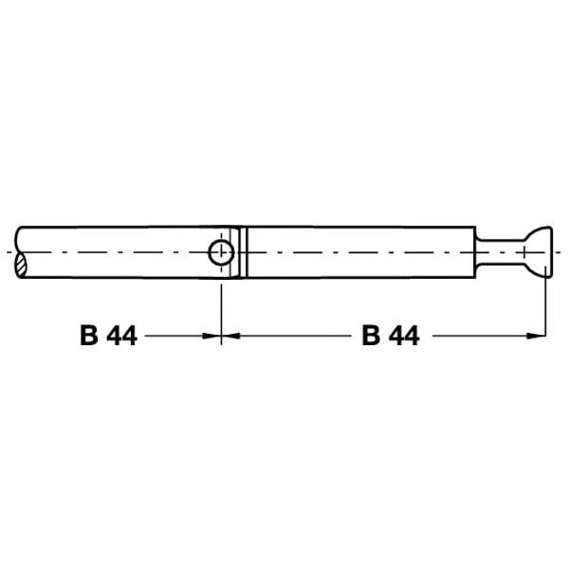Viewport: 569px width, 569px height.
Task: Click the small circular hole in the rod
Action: click(x=221, y=252)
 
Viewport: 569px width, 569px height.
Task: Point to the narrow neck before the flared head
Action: click(x=500, y=252)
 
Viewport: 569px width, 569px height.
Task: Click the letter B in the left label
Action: click(x=89, y=336)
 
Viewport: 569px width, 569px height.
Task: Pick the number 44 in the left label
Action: click(x=122, y=336)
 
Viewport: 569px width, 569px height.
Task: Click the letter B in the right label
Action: click(x=371, y=336)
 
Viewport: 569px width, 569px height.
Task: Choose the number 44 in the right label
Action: click(x=404, y=336)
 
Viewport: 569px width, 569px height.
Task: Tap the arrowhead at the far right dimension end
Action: click(x=536, y=336)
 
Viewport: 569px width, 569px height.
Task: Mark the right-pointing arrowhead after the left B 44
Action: click(x=211, y=336)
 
